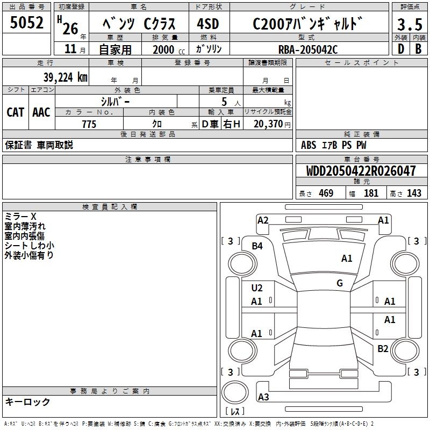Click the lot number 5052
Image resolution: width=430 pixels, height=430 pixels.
[26, 23]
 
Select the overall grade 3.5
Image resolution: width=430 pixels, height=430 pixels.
[410, 24]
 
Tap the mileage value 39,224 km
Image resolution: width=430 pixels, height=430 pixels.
[65, 77]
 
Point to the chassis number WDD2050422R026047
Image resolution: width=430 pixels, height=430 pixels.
[361, 171]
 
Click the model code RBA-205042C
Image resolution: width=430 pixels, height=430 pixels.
[308, 49]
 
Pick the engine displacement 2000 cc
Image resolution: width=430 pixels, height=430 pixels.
[169, 49]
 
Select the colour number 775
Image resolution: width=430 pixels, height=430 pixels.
[89, 124]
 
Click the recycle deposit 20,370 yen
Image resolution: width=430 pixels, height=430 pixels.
[272, 124]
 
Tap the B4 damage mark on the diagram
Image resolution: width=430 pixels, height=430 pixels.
[257, 246]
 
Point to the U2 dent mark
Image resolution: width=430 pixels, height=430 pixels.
[257, 288]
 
